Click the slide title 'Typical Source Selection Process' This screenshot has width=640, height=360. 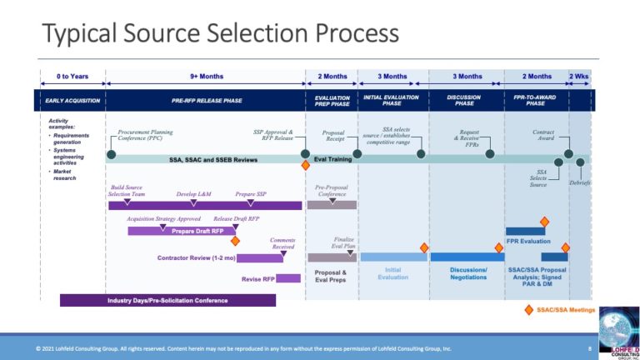point(220,34)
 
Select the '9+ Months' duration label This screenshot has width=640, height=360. point(206,77)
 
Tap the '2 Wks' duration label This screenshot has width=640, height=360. point(580,77)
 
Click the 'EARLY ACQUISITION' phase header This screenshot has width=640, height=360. point(72,100)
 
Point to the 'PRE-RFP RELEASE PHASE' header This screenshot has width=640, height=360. point(205,100)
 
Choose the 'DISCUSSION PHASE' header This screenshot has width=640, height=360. point(465,100)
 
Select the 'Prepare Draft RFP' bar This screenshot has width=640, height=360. point(197,230)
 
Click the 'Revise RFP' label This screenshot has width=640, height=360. point(257,279)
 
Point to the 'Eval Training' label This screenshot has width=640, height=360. point(332,158)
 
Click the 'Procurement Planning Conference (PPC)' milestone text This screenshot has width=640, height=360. point(147,136)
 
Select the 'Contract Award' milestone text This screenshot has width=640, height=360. point(542,136)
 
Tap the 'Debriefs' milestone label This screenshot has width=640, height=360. point(580,182)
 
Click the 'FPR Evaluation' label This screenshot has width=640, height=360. point(528,242)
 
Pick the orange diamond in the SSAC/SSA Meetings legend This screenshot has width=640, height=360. point(527,310)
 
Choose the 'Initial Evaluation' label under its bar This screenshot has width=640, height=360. point(393,273)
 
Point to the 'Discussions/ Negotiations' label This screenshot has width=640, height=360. point(467,273)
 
